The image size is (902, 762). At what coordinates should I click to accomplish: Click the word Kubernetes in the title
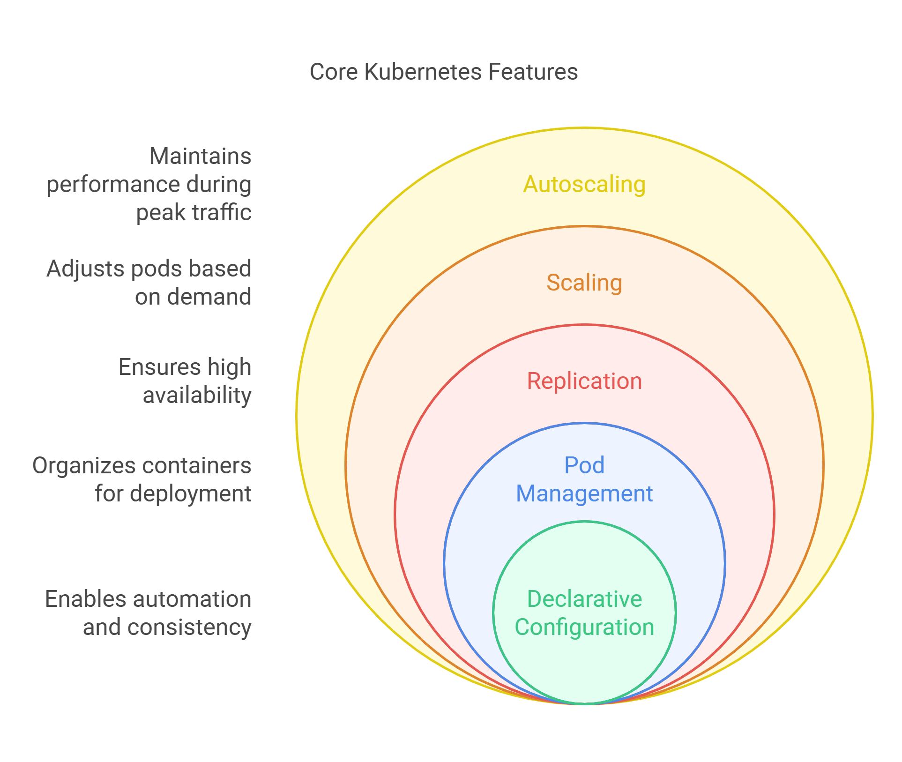[x=423, y=72]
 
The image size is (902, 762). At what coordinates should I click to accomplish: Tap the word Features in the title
[x=533, y=72]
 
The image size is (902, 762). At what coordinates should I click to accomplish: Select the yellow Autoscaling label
[x=584, y=184]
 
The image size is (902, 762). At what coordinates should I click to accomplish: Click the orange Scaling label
[x=584, y=283]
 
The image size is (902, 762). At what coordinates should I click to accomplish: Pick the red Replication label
[x=584, y=381]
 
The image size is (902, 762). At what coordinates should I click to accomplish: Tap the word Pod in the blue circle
[x=584, y=465]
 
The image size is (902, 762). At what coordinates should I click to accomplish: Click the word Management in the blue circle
[x=584, y=493]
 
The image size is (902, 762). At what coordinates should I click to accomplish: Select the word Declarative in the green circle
[x=584, y=599]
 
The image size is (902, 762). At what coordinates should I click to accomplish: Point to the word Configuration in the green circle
[x=584, y=627]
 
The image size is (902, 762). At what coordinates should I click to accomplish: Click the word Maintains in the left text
[x=200, y=156]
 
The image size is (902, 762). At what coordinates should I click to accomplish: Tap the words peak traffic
[x=194, y=212]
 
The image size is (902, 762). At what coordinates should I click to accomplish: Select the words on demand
[x=193, y=297]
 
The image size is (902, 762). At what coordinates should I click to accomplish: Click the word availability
[x=197, y=396]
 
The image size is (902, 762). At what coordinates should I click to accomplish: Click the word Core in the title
[x=333, y=72]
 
